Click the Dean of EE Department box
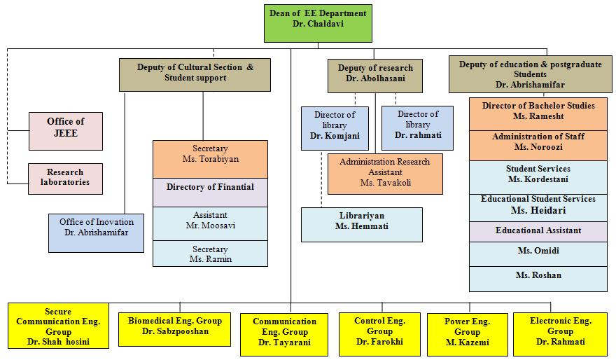coord(317,23)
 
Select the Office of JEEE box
coord(65,131)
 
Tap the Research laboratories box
coord(65,179)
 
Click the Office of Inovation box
coord(96,233)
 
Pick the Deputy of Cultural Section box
coord(195,75)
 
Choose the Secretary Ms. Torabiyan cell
coord(210,159)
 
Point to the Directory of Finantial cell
coord(210,192)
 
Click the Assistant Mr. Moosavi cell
coord(210,223)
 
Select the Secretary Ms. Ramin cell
coord(210,254)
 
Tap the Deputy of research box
coord(375,76)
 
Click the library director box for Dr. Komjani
coord(335,127)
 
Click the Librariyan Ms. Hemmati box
coord(361,224)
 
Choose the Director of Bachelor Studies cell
coord(538,114)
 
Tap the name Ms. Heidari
coord(538,211)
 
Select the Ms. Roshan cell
coord(538,278)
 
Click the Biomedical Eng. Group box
coord(174,326)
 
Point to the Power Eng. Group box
coord(467,332)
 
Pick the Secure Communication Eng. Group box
coord(58,326)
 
